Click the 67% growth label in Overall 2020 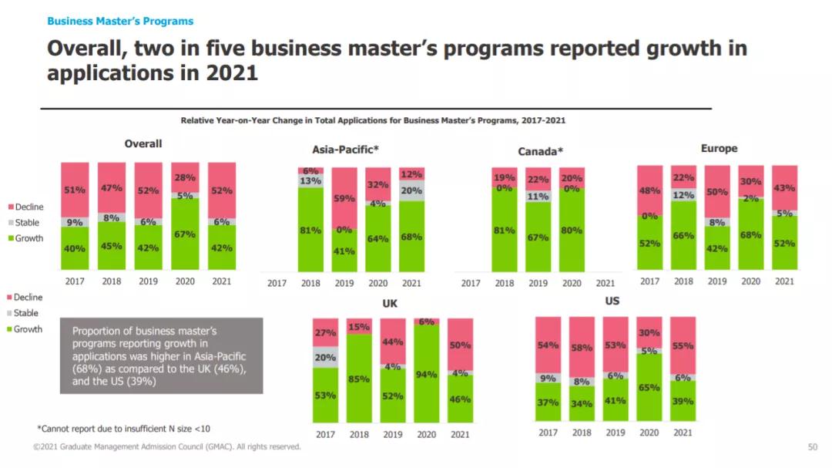[185, 234]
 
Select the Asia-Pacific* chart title [345, 150]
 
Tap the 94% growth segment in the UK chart [426, 374]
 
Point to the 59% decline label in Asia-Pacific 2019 [344, 198]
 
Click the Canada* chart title [540, 151]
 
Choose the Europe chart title [719, 148]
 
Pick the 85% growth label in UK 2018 [359, 379]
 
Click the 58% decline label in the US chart [582, 348]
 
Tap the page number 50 [812, 447]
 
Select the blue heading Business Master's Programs [120, 21]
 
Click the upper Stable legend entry [29, 223]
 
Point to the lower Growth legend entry [29, 329]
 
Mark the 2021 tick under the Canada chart [606, 283]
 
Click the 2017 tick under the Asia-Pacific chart [277, 283]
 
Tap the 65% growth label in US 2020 [649, 388]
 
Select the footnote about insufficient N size [123, 428]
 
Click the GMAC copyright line [166, 447]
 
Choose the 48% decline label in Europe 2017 [649, 190]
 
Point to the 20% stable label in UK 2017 [325, 357]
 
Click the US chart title [612, 301]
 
